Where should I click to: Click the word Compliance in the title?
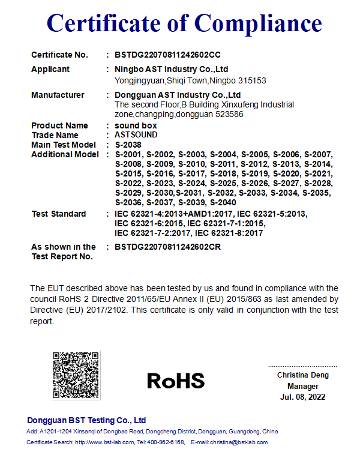coord(259,23)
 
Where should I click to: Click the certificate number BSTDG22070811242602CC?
coord(168,55)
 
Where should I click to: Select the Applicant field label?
coord(50,69)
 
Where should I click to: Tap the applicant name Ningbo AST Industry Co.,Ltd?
coord(171,69)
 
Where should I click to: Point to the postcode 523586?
coord(230,114)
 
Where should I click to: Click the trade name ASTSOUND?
coord(136,135)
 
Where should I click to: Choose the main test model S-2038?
coord(128,145)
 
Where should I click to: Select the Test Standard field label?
coord(58,214)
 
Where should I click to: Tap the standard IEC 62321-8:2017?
coord(229,233)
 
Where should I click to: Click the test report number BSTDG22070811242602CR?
coord(168,247)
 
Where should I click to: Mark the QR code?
coord(76,376)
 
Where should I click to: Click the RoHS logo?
coord(176,380)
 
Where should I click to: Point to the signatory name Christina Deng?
coord(303,375)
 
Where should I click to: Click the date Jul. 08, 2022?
coord(303,397)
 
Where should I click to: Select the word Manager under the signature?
coord(303,387)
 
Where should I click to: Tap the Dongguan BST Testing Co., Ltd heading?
coord(86,420)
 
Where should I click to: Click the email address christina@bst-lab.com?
coord(239,442)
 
